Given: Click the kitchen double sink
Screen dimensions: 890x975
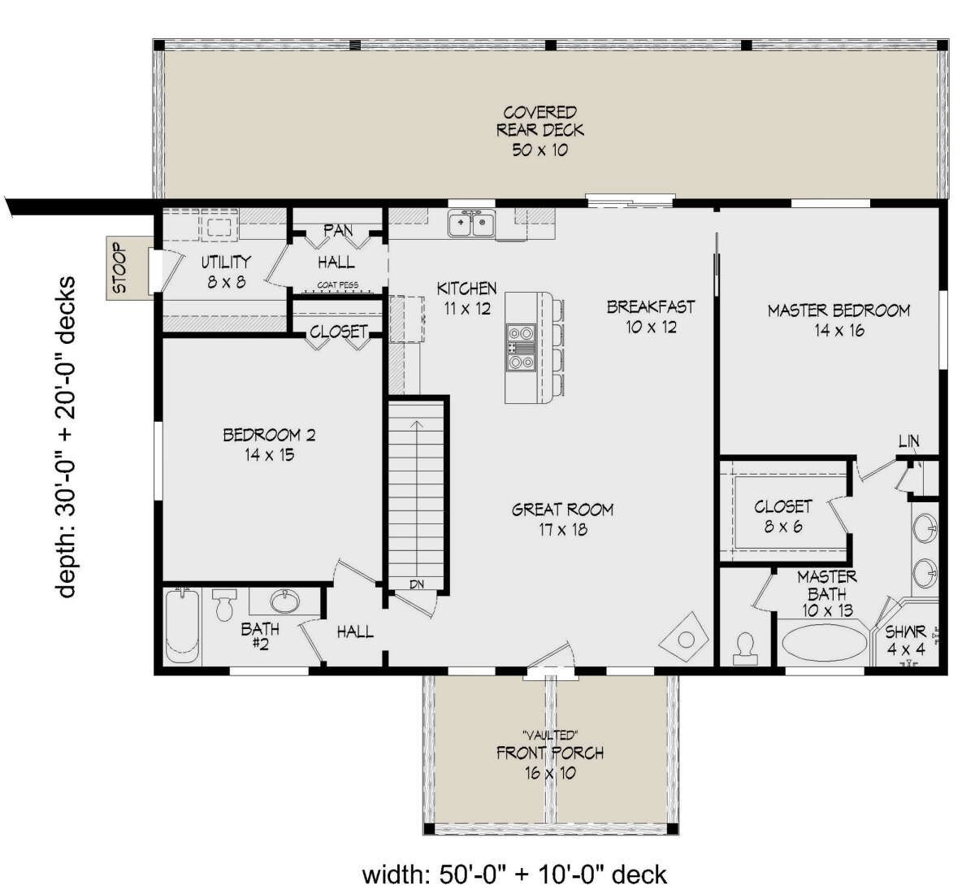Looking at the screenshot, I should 472,224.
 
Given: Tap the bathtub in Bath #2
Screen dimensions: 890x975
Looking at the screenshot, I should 181,626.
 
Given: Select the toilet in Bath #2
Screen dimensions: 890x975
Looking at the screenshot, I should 223,606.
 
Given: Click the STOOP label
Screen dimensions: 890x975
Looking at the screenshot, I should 120,268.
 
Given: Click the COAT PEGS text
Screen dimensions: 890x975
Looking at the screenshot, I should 336,285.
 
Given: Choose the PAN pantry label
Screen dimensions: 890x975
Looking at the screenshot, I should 338,231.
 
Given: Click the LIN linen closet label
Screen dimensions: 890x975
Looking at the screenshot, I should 908,441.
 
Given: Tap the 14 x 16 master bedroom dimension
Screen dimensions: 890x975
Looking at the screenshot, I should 838,331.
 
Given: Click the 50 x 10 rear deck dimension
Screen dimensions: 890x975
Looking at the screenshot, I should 539,150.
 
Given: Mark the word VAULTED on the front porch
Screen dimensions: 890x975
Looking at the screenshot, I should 550,735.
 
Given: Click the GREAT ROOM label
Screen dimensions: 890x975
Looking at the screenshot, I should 562,510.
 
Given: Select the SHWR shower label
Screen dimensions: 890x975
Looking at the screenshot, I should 905,632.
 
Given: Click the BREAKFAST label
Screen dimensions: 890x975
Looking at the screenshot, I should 651,306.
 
